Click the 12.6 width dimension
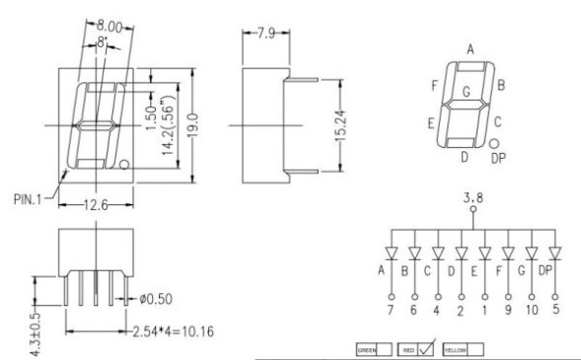96,205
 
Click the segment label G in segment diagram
467,91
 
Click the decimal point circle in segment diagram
494,143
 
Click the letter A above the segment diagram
471,49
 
